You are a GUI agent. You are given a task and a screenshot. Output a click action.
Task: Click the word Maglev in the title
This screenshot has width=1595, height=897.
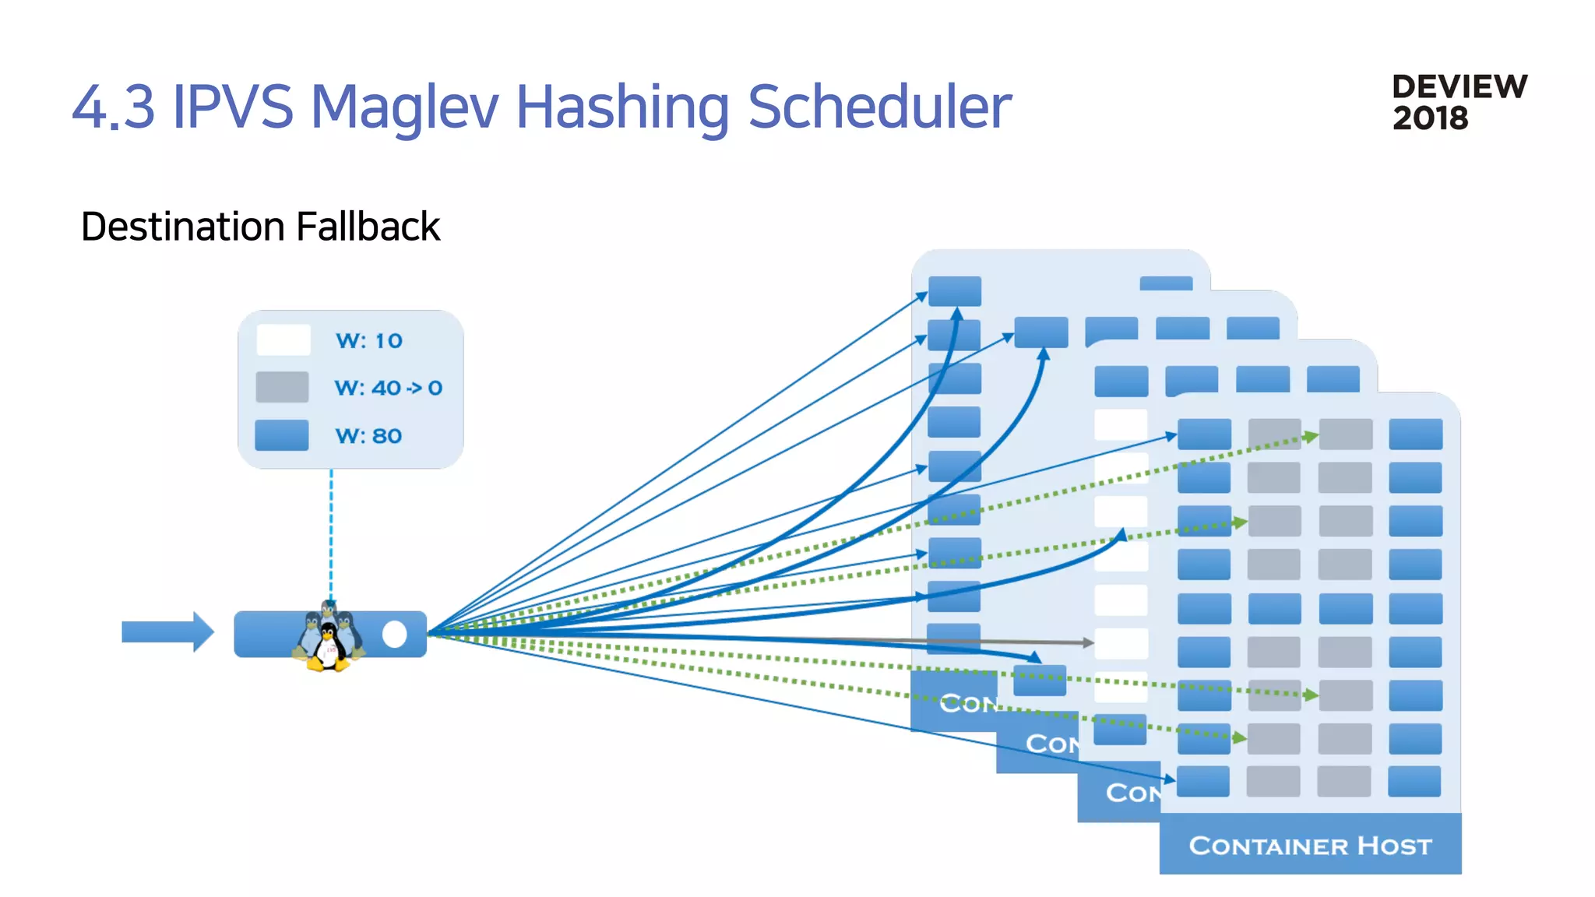(x=403, y=107)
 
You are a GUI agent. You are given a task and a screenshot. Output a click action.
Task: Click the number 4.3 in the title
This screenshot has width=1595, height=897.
(x=114, y=107)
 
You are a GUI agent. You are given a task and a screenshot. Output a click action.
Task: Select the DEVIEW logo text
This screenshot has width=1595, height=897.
(x=1459, y=86)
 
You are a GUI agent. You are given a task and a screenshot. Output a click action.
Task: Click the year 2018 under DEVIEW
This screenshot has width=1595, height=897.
(x=1430, y=118)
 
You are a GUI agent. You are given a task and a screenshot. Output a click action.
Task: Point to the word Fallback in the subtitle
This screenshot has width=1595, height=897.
(x=368, y=227)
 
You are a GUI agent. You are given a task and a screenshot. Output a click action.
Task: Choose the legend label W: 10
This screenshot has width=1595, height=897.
(x=368, y=341)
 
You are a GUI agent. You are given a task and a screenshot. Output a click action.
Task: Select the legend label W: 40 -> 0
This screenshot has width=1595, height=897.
(x=388, y=388)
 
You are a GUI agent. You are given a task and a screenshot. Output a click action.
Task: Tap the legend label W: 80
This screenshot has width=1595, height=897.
(x=368, y=436)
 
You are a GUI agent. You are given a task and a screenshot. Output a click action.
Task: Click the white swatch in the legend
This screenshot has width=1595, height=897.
(x=283, y=340)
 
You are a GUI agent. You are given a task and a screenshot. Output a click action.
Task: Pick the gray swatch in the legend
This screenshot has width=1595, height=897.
(x=282, y=387)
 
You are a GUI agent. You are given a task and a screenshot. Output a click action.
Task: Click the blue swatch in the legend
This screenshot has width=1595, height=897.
(x=282, y=435)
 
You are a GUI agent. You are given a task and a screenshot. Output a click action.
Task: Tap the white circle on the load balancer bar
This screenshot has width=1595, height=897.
(x=395, y=635)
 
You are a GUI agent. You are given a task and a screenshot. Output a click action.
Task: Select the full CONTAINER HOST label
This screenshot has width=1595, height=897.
(x=1310, y=846)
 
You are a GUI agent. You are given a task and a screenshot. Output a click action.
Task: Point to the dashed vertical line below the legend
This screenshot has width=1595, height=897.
(x=331, y=537)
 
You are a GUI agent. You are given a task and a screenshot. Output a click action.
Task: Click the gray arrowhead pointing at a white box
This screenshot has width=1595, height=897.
(x=1088, y=642)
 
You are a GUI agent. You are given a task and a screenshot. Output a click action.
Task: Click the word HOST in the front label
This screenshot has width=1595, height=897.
(x=1394, y=846)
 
